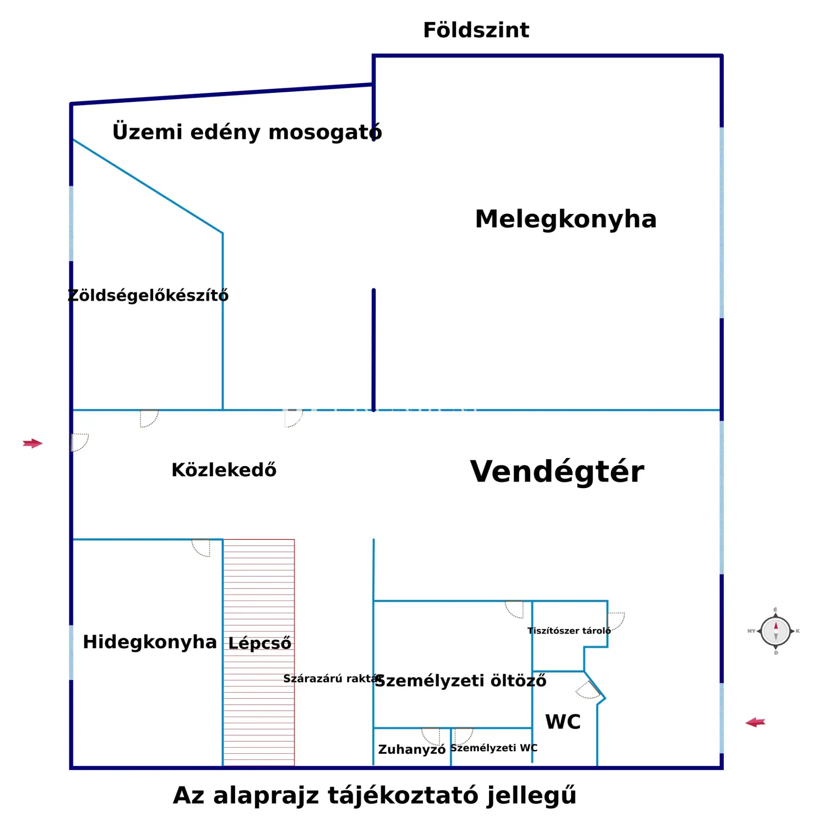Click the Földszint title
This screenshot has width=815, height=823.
pos(475,31)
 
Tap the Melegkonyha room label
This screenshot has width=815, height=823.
pos(565,219)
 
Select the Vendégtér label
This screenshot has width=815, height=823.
pos(556,472)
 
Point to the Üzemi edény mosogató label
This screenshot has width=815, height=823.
pos(247,132)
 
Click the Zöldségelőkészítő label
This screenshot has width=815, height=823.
pos(148,295)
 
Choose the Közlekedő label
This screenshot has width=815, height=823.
pos(224,470)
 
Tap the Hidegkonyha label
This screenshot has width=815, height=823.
pos(149,642)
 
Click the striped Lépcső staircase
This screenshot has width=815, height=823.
pos(259,682)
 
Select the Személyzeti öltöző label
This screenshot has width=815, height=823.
pos(460,681)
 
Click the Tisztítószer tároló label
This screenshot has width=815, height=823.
pos(569,631)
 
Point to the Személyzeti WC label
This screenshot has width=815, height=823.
pos(493,748)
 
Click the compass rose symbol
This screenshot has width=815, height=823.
pos(775,631)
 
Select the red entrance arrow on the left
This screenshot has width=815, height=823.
pos(33,444)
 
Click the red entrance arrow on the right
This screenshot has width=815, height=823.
pos(755,722)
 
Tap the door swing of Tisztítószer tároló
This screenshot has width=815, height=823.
pos(615,620)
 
